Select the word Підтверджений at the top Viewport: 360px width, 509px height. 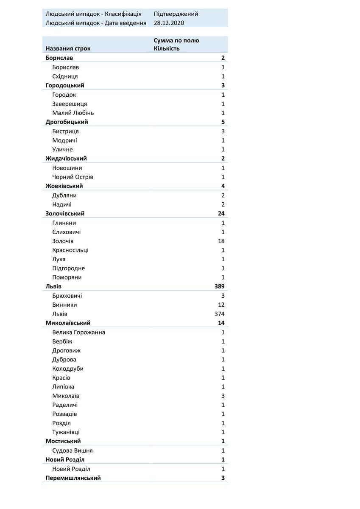pos(176,14)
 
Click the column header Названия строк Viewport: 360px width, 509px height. pos(68,48)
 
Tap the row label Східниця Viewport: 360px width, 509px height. pos(65,76)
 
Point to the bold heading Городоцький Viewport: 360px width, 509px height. pos(65,86)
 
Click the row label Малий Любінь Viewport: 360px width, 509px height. pos(73,113)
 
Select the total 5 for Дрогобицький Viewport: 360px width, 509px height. pos(223,122)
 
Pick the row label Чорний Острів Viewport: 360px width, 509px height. pos(73,177)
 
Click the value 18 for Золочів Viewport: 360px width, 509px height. pos(221,241)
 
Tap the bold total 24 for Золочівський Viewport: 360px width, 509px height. pos(221,213)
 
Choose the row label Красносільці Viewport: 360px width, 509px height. pos(70,250)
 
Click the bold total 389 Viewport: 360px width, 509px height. pos(219,287)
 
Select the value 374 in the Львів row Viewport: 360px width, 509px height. pos(219,314)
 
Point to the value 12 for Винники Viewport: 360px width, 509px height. pos(221,305)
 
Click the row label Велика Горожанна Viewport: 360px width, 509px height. pos(78,332)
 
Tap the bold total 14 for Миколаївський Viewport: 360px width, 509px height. pos(221,323)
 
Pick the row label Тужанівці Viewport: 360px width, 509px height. pos(66,432)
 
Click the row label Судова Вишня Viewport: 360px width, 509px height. pos(72,450)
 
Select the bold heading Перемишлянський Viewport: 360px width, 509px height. pos(73,478)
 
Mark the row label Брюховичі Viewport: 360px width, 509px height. pos(67,296)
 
